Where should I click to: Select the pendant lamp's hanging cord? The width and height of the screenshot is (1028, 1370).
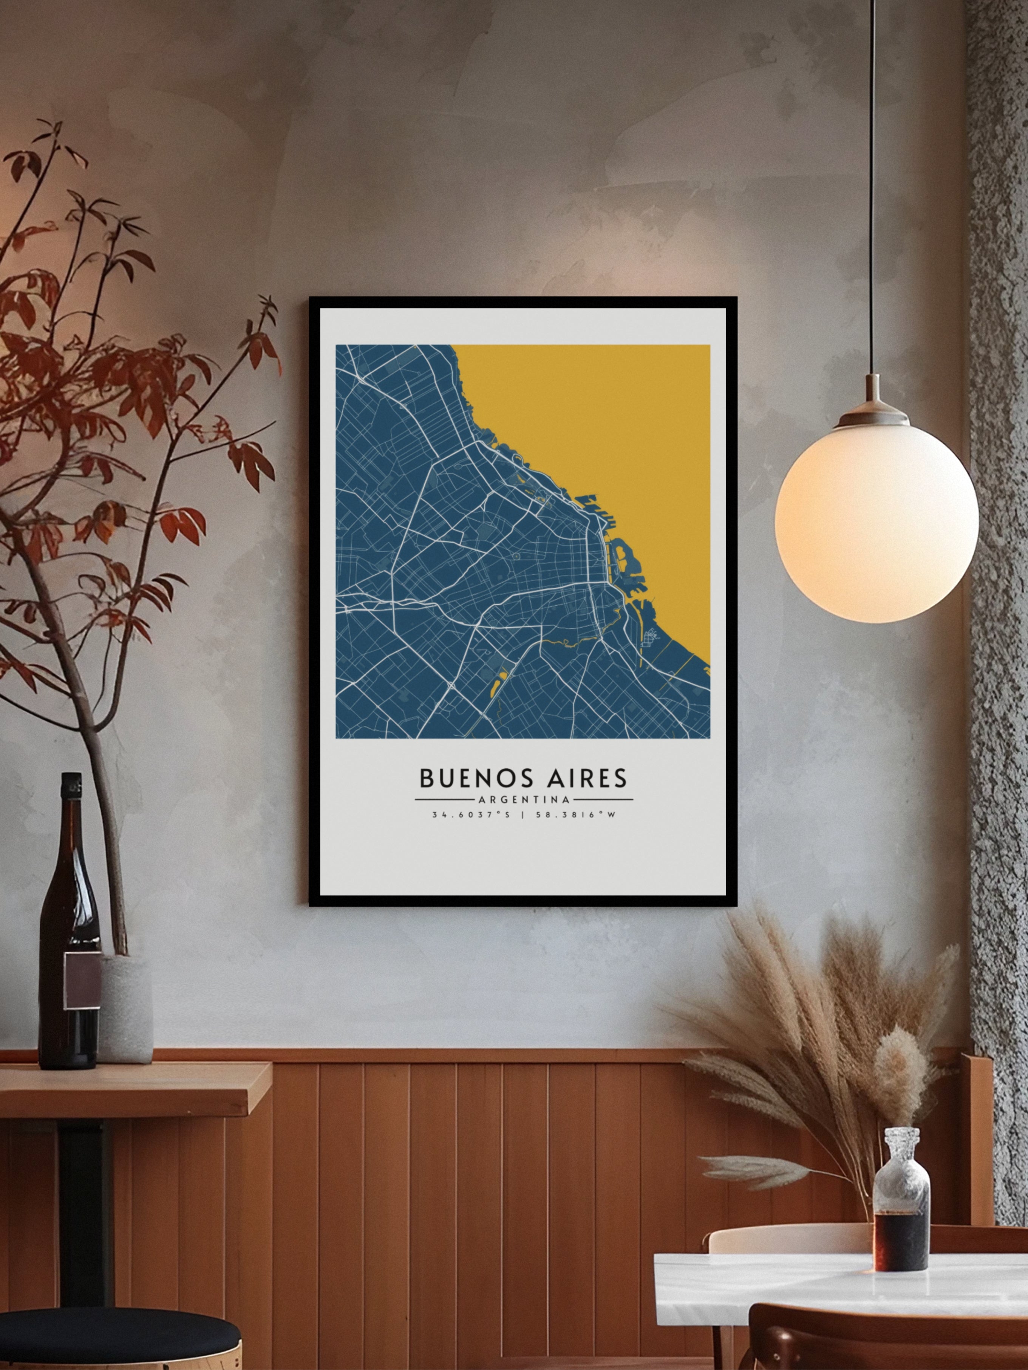(x=874, y=186)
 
